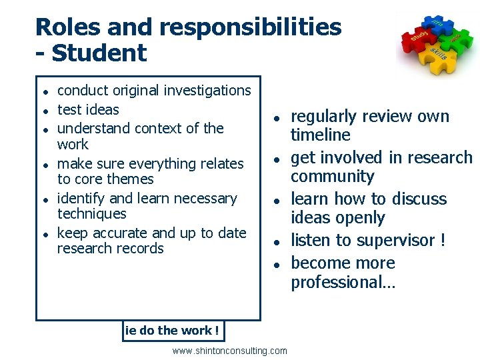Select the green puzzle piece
click(x=457, y=39)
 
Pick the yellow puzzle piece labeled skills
click(x=437, y=55)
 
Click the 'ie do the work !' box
click(x=173, y=331)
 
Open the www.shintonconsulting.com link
click(x=230, y=351)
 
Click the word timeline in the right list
click(x=320, y=135)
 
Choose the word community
click(x=332, y=177)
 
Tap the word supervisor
click(x=387, y=240)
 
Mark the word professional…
click(x=343, y=282)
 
